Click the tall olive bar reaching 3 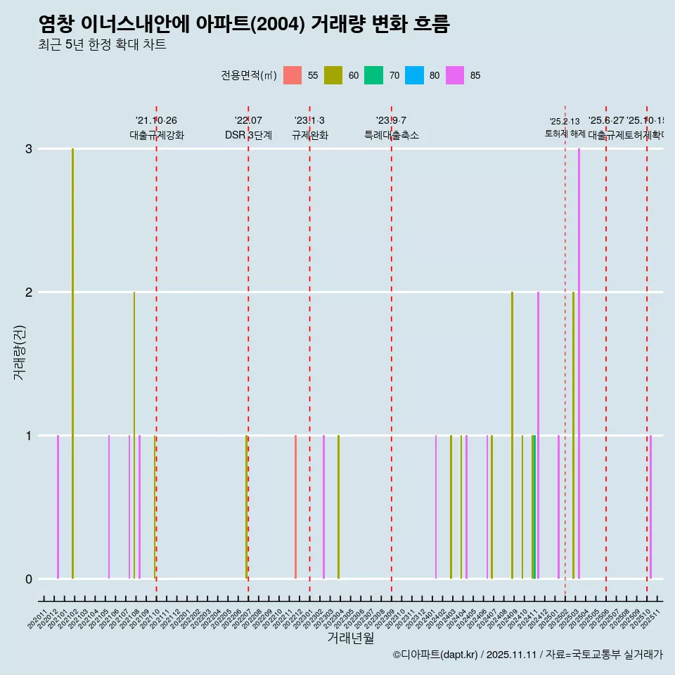coord(72,363)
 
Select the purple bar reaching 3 coord(579,363)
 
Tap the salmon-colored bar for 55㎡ coord(295,506)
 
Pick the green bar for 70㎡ coord(534,506)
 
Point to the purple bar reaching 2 coord(538,435)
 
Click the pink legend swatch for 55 coord(292,75)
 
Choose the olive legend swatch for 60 coord(333,75)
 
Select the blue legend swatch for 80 coord(414,75)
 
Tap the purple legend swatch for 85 coord(455,75)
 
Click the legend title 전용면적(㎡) coord(248,75)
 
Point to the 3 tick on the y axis coord(29,149)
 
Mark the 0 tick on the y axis coord(29,579)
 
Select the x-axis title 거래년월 coord(350,638)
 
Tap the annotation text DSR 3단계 coord(248,135)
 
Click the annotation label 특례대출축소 coord(391,135)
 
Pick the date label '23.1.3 coord(309,121)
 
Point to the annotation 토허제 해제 coord(565,134)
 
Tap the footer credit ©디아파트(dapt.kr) coord(436,655)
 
